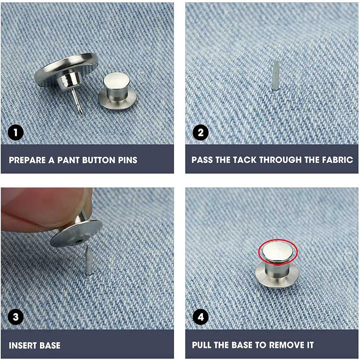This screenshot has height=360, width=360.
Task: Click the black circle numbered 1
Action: (x=15, y=133)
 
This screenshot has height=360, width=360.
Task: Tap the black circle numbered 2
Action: (x=201, y=133)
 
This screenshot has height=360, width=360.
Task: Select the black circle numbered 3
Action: (x=15, y=317)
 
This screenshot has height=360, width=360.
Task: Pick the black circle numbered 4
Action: (x=201, y=317)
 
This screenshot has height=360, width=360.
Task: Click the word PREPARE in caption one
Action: (x=27, y=160)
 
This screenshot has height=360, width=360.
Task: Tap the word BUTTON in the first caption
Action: (x=99, y=160)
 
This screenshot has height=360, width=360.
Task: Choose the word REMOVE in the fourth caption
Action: (x=287, y=345)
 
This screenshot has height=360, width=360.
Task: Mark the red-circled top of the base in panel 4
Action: (x=278, y=251)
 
